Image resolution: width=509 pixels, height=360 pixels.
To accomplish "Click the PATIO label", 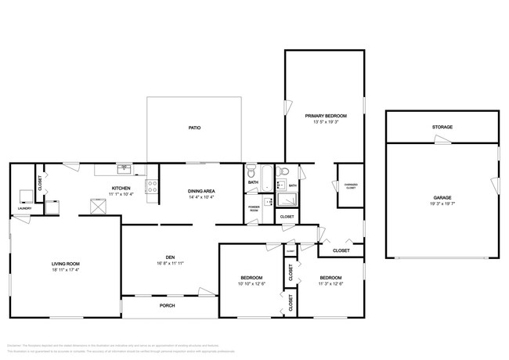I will click(194, 128).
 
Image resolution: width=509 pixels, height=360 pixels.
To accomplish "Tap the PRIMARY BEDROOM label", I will click(326, 116).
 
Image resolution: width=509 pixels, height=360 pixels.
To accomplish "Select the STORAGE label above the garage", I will click(442, 127).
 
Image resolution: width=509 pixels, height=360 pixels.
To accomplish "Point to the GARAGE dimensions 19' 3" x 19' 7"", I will click(442, 203).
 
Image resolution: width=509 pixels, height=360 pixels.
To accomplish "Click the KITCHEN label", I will click(121, 189).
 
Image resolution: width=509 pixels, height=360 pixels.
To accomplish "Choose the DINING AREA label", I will click(201, 191).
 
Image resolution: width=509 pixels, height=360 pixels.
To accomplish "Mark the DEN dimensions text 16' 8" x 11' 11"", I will click(169, 264).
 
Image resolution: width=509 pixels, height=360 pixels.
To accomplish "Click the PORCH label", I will click(167, 305).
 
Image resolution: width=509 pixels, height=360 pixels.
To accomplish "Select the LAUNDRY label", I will click(24, 208).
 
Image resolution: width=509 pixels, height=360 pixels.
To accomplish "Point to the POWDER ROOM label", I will click(254, 209).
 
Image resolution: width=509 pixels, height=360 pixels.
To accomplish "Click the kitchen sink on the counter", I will click(124, 168).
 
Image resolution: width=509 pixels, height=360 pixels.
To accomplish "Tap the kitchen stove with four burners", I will click(153, 187).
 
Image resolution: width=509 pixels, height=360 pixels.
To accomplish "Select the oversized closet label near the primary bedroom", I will click(351, 185).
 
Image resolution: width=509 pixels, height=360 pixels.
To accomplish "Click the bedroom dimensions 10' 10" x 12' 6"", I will click(251, 283).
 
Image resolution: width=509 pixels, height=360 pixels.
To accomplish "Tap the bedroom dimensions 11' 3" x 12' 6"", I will click(330, 283).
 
